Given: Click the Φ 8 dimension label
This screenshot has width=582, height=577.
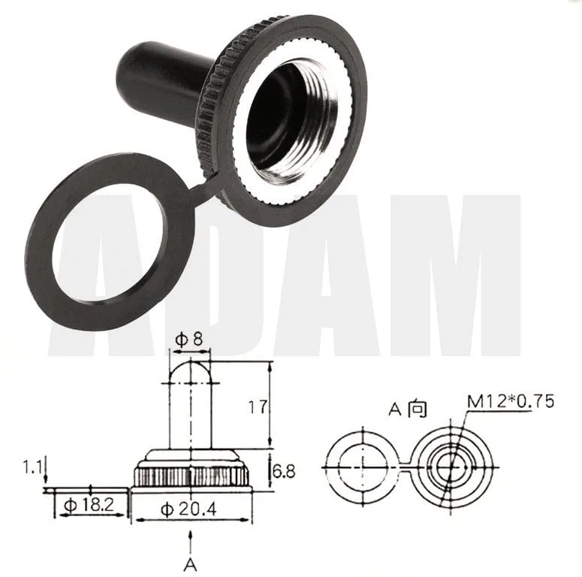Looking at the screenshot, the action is (189, 339).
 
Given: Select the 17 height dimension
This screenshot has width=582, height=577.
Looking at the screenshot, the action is (258, 406).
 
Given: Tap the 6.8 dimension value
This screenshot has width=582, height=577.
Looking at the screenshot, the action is (284, 471).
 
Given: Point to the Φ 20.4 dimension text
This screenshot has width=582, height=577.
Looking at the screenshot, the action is (188, 509).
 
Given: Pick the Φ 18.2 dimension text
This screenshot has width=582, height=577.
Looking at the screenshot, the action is (89, 505).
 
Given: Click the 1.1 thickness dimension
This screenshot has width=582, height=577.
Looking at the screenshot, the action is (32, 467).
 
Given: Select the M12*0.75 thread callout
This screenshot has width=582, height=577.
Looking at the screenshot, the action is (511, 401).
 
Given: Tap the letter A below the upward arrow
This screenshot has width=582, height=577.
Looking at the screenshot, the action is (190, 565).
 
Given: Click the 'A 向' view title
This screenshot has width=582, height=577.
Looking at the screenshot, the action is (408, 409).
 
